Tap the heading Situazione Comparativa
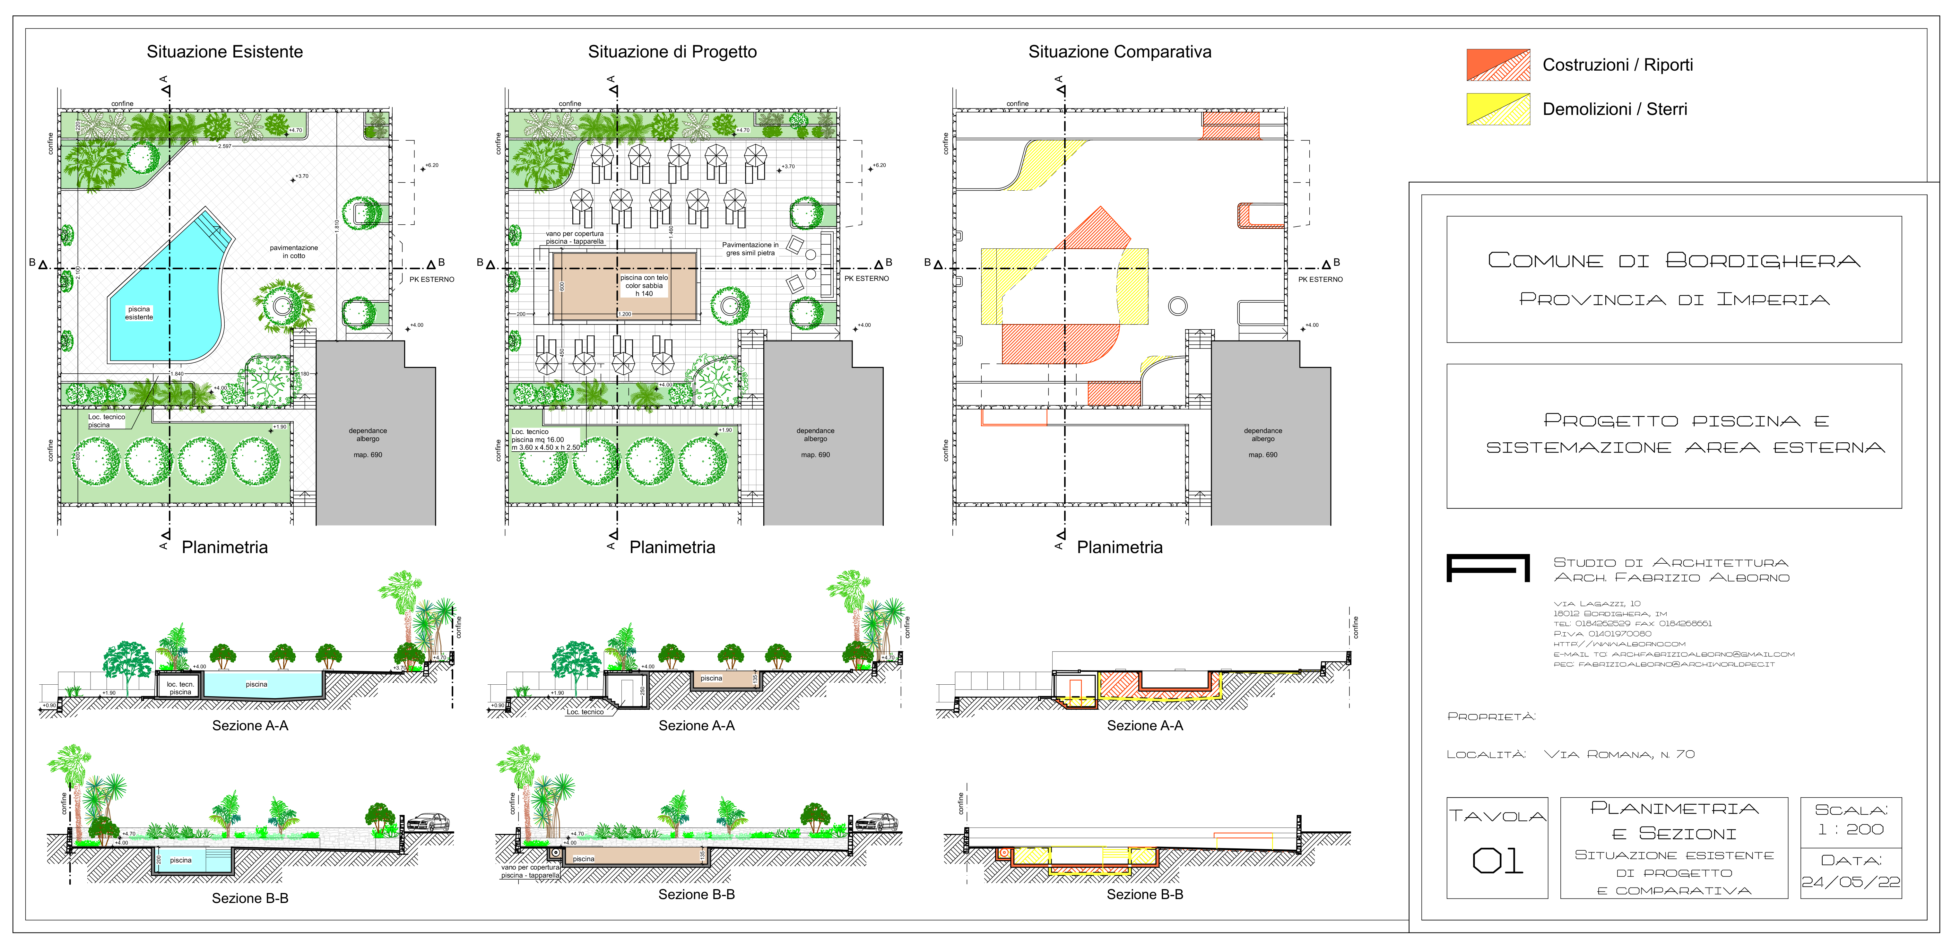1119,52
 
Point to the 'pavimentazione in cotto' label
294,252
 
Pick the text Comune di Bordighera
1673,261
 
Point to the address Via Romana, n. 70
1619,754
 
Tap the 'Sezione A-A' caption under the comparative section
1144,725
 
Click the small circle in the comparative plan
1177,306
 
